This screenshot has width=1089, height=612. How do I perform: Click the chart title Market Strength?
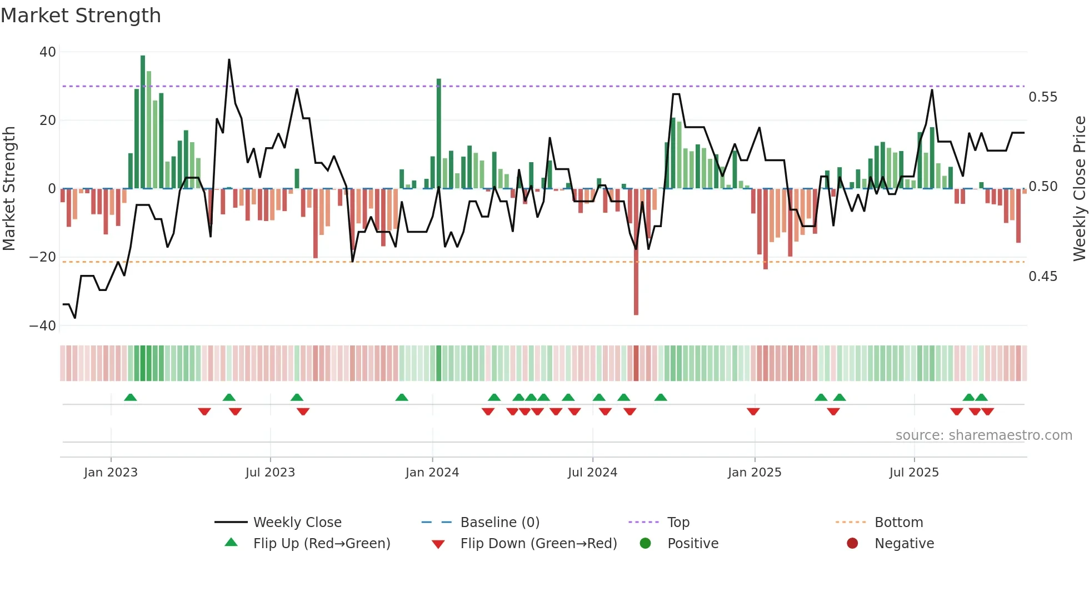click(81, 16)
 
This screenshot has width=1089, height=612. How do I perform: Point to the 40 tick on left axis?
click(48, 52)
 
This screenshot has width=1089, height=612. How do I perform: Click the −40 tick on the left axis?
click(43, 326)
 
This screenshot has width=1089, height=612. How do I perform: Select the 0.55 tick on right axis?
click(1043, 97)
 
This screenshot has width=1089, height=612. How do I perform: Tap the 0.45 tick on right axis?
click(1043, 277)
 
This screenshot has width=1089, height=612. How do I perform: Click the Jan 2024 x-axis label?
click(432, 473)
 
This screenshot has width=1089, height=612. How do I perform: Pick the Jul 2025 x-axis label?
click(914, 473)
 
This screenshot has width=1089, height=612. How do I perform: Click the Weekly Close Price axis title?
click(1079, 189)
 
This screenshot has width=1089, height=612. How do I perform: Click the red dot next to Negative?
click(852, 544)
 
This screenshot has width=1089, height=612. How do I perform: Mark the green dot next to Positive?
click(645, 544)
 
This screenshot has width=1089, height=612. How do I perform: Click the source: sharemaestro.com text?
click(983, 435)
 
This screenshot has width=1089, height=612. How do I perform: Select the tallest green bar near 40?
click(143, 122)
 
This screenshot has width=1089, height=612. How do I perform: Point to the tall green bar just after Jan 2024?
click(439, 133)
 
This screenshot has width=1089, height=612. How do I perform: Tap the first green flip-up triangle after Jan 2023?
click(131, 398)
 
